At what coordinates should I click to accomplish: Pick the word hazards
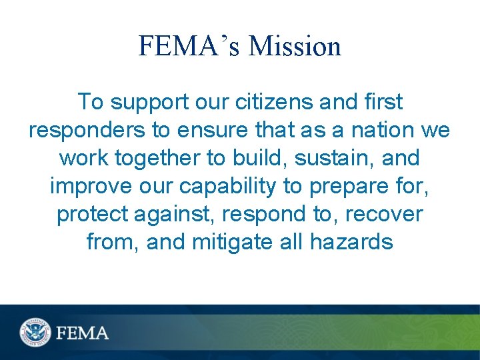351,242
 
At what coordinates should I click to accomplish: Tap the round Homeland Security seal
35,331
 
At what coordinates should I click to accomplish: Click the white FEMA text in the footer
83,332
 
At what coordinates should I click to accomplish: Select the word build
249,158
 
